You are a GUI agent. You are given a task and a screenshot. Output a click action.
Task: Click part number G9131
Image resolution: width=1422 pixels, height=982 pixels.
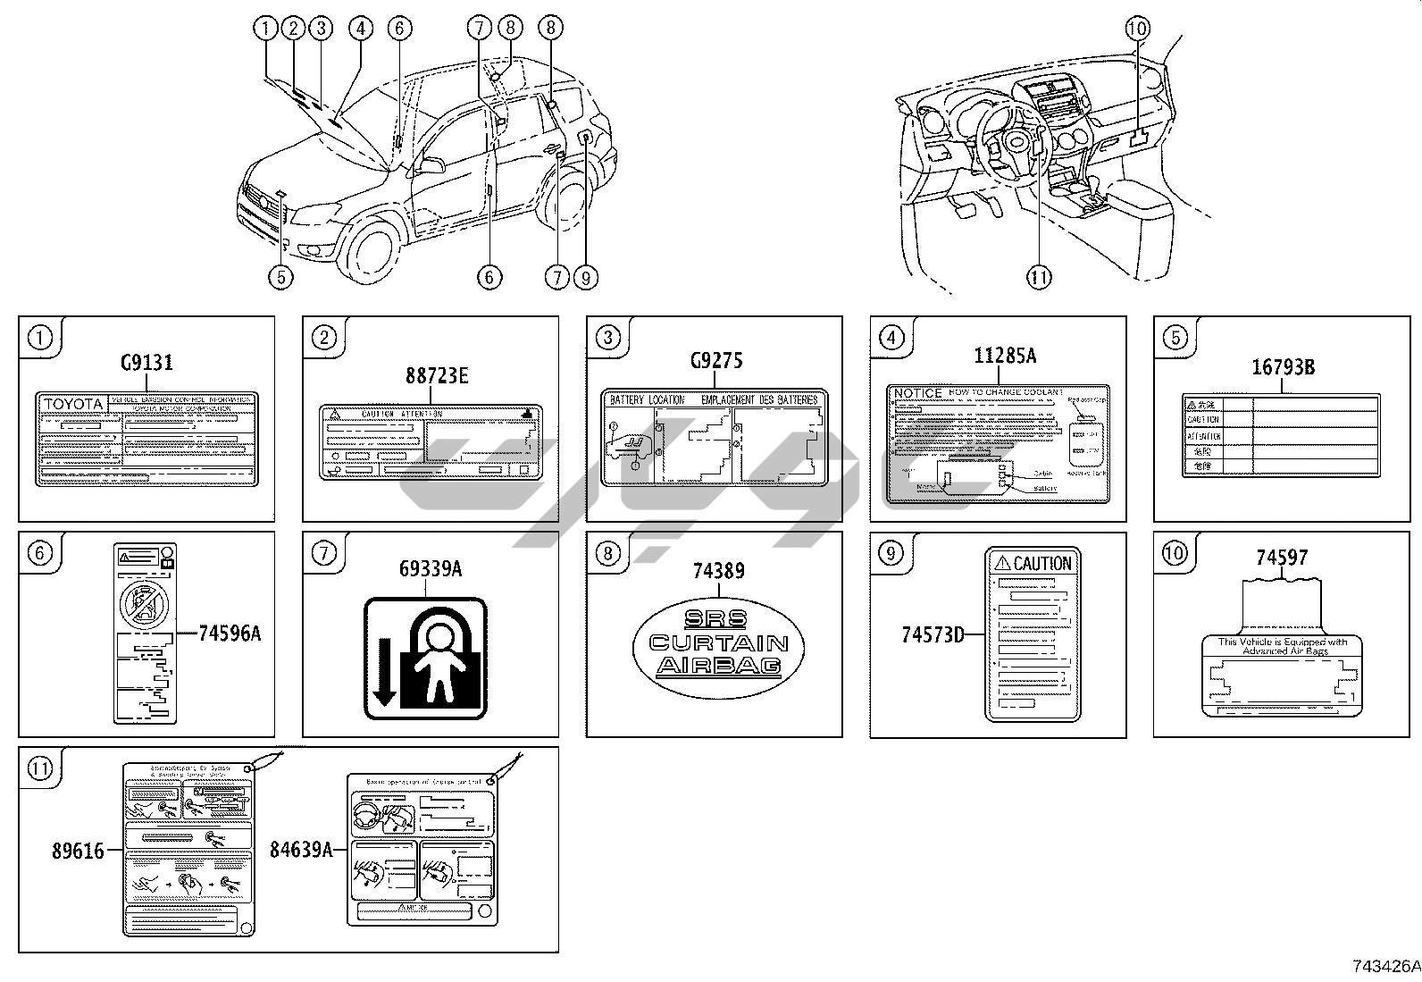pyautogui.click(x=146, y=363)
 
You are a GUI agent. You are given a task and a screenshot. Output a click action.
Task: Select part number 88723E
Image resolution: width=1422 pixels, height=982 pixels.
pyautogui.click(x=437, y=376)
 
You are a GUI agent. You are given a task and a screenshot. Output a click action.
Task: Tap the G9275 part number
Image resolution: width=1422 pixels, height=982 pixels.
pyautogui.click(x=716, y=361)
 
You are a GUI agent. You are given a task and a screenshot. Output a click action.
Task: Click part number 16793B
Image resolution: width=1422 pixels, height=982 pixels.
pyautogui.click(x=1282, y=367)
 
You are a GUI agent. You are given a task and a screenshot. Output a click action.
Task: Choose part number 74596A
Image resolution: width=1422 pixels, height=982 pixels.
pyautogui.click(x=230, y=634)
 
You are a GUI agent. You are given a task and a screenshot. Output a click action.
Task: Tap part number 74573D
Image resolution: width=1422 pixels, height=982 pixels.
pyautogui.click(x=933, y=634)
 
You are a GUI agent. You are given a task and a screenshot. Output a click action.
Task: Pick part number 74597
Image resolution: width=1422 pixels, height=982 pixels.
pyautogui.click(x=1282, y=558)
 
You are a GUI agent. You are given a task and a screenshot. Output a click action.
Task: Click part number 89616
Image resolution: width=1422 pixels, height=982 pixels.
pyautogui.click(x=78, y=852)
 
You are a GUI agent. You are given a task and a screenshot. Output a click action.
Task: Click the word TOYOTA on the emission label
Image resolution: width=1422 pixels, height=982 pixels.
pyautogui.click(x=73, y=404)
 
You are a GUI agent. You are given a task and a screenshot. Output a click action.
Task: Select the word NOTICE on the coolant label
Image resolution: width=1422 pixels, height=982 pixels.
pyautogui.click(x=918, y=393)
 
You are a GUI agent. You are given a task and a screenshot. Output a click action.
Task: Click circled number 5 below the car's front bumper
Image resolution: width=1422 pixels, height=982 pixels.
pyautogui.click(x=280, y=277)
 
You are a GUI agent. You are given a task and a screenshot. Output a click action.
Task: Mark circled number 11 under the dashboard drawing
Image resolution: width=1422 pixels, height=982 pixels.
pyautogui.click(x=1039, y=277)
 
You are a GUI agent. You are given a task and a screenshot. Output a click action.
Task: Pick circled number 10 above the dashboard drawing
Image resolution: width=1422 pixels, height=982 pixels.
pyautogui.click(x=1137, y=29)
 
